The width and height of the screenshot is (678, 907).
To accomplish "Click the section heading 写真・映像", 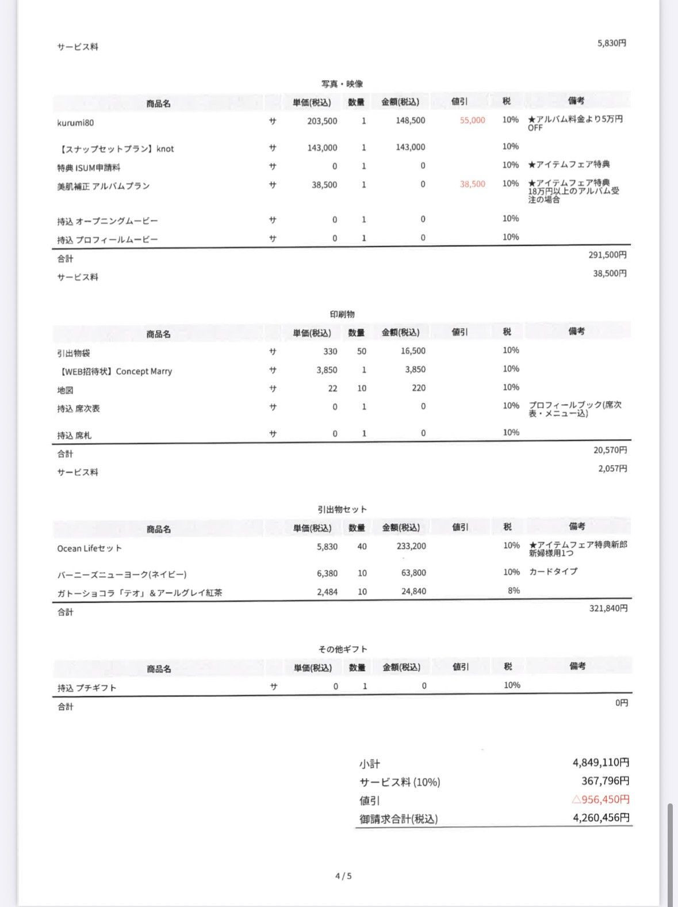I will [342, 84].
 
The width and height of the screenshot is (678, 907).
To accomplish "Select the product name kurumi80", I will [75, 123].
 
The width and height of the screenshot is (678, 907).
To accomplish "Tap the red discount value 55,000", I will [472, 120].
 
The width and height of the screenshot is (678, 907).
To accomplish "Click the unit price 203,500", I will [322, 121].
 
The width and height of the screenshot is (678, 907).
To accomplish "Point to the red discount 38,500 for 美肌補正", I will [472, 184].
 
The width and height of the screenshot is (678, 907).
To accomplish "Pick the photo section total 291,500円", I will [607, 254].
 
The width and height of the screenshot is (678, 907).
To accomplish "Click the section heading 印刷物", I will [342, 314].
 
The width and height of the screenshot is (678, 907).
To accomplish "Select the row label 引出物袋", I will [74, 353].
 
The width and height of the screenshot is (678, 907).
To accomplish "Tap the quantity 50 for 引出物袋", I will [361, 351].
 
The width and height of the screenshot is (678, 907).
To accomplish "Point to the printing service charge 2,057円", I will [612, 468].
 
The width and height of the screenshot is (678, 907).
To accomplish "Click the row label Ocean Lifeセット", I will [89, 548].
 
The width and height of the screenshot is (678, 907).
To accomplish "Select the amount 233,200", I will [411, 546].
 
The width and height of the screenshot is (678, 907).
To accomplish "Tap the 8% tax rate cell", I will [514, 590].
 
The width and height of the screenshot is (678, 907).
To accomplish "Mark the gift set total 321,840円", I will [608, 608].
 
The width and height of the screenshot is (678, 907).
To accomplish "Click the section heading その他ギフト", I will [342, 649].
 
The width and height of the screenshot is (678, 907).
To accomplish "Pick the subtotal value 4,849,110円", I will [600, 763].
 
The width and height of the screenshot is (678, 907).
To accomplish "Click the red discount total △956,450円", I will [600, 799].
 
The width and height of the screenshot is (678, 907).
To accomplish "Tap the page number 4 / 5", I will [343, 876].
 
